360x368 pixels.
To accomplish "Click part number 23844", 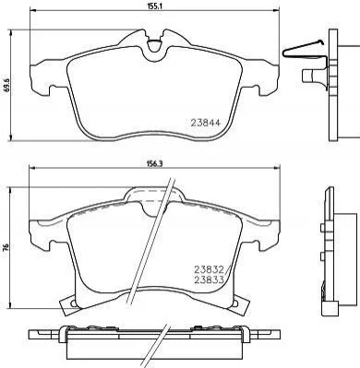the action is click(206, 123).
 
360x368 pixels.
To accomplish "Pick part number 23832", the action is click(209, 269).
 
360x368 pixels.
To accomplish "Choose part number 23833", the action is click(209, 279).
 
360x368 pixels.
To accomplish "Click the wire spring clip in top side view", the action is click(303, 51).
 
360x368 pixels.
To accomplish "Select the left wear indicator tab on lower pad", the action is click(68, 304).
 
